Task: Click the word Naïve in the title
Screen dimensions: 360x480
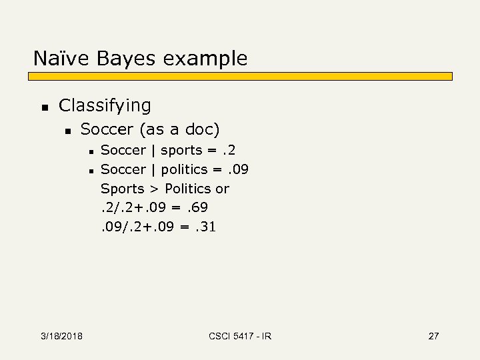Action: [x=61, y=59]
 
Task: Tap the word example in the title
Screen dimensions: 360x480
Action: [x=205, y=59]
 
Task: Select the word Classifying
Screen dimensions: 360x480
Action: [x=105, y=105]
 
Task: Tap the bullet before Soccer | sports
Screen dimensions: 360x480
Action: [x=89, y=151]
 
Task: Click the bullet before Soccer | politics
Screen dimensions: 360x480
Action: [x=89, y=170]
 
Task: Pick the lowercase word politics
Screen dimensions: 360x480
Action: [x=184, y=169]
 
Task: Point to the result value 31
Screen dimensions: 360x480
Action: [x=205, y=227]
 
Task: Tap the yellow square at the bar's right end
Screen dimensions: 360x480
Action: [x=448, y=76]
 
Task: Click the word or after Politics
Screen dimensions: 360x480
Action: [x=222, y=189]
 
